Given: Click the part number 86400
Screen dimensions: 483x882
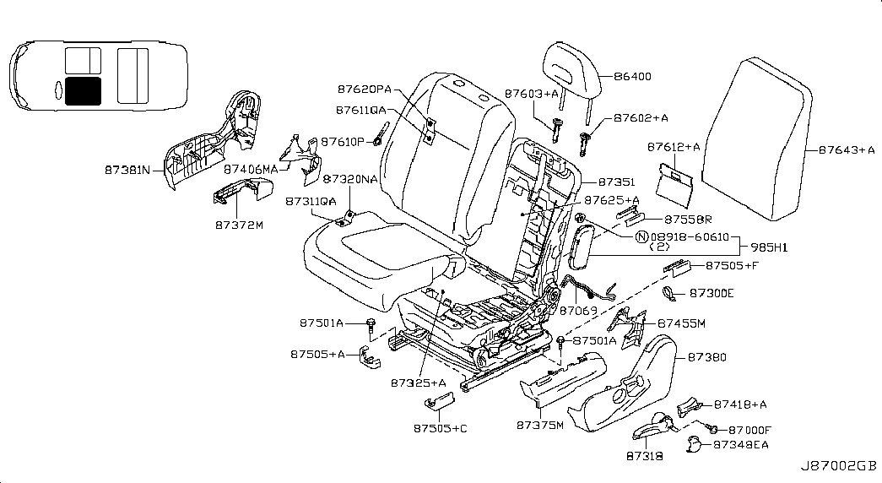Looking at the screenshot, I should pos(634,77).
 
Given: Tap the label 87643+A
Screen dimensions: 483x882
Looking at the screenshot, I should pos(846,151).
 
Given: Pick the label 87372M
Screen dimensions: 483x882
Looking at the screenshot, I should pos(239,226).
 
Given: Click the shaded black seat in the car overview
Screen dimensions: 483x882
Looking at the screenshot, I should pos(82,90).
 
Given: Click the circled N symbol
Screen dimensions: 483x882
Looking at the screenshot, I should pos(641,238).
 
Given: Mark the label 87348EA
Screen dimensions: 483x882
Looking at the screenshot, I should pos(740,444).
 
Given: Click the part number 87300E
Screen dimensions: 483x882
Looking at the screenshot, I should pos(712,293).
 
